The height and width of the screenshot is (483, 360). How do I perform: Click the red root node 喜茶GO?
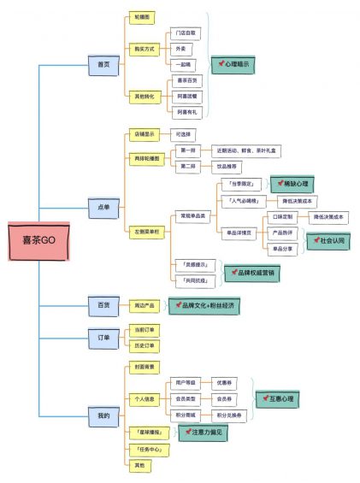coord(34,242)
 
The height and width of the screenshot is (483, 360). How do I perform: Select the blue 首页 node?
coord(103,63)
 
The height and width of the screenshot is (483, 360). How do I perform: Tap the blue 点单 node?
coord(103,205)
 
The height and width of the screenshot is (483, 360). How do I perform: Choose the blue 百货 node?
coord(103,304)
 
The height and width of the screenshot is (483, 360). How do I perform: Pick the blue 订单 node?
coord(103,337)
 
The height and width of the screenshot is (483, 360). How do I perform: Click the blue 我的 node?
coord(103,415)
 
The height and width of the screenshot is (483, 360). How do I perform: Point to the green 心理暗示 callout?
coord(233,64)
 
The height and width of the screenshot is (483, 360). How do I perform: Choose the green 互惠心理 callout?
coord(277,398)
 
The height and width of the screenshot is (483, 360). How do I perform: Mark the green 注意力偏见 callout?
coord(202,433)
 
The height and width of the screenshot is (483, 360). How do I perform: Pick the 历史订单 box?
coord(145,345)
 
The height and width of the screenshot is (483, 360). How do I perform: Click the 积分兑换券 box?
coord(228,415)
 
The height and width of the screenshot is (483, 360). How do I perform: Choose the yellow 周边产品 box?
coord(144,304)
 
